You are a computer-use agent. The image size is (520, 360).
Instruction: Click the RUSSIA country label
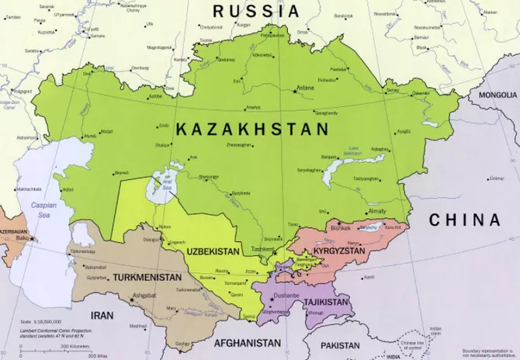point(255,11)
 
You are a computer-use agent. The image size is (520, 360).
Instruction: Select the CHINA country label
point(465,220)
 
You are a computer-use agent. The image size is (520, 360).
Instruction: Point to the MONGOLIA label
point(497,95)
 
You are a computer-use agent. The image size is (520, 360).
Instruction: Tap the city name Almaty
point(355,211)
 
